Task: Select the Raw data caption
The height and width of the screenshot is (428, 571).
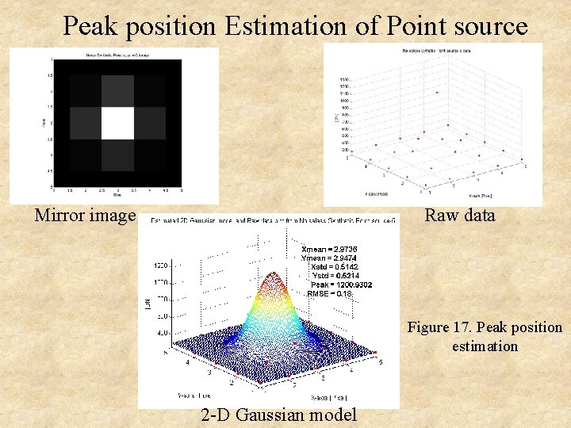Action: click(460, 215)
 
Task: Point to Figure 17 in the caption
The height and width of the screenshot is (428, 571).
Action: click(441, 327)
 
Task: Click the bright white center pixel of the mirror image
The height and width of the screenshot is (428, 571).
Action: click(117, 123)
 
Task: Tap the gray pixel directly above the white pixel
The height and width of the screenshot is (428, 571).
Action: click(117, 91)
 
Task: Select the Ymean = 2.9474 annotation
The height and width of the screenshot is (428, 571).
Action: click(333, 258)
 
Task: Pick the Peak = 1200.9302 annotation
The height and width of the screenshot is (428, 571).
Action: click(342, 285)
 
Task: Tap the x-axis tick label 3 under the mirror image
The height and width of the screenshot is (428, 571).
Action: click(117, 190)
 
